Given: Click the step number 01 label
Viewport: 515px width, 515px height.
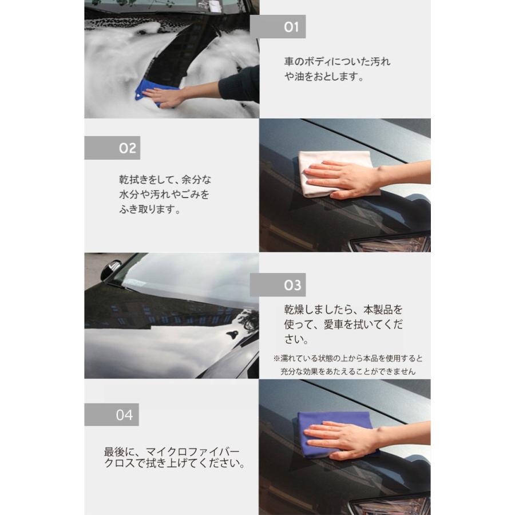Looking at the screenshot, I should (x=278, y=27).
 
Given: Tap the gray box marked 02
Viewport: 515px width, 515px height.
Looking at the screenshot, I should (x=112, y=148).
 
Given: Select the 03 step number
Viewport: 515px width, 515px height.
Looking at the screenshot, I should (x=278, y=285).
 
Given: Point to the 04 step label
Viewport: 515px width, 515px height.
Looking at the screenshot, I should (x=112, y=415).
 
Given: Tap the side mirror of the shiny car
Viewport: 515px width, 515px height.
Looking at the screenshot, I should (x=110, y=270).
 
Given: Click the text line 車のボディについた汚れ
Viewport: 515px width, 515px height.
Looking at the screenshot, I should (x=337, y=62).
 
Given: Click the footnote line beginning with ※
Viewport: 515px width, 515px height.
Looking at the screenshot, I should (x=348, y=359).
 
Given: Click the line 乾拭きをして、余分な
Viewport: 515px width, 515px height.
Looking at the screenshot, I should (x=165, y=180).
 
